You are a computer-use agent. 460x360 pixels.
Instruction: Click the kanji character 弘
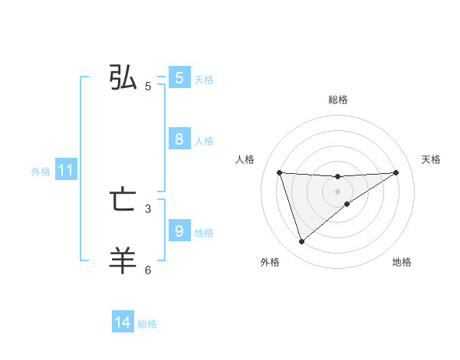[x=123, y=78]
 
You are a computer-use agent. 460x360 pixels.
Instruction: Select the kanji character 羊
[x=123, y=260]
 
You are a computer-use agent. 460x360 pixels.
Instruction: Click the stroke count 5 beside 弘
[x=148, y=87]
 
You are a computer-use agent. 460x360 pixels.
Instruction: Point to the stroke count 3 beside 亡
[x=148, y=208]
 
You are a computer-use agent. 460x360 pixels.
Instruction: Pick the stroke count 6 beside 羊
[x=148, y=270]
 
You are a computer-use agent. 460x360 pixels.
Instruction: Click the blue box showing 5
[x=179, y=78]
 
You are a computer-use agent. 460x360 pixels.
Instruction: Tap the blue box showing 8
[x=179, y=139]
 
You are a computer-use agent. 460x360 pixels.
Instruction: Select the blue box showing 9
[x=179, y=231]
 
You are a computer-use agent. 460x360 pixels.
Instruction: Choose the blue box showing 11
[x=65, y=171]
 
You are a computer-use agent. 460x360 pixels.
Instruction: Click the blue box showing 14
[x=123, y=323]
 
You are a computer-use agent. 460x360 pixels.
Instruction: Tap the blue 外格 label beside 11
[x=41, y=172]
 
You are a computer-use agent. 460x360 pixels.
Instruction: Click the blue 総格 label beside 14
[x=147, y=324]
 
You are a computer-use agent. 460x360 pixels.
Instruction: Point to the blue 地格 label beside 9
[x=204, y=232]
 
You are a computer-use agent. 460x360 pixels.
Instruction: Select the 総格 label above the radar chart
[x=337, y=100]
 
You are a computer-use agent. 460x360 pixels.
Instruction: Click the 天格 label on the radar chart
[x=431, y=159]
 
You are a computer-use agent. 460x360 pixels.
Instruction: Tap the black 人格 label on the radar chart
[x=245, y=159]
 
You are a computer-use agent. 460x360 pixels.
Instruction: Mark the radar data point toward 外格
[x=301, y=242]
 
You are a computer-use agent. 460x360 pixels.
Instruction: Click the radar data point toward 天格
[x=396, y=172]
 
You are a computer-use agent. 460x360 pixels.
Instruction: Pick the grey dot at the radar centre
[x=337, y=191]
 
